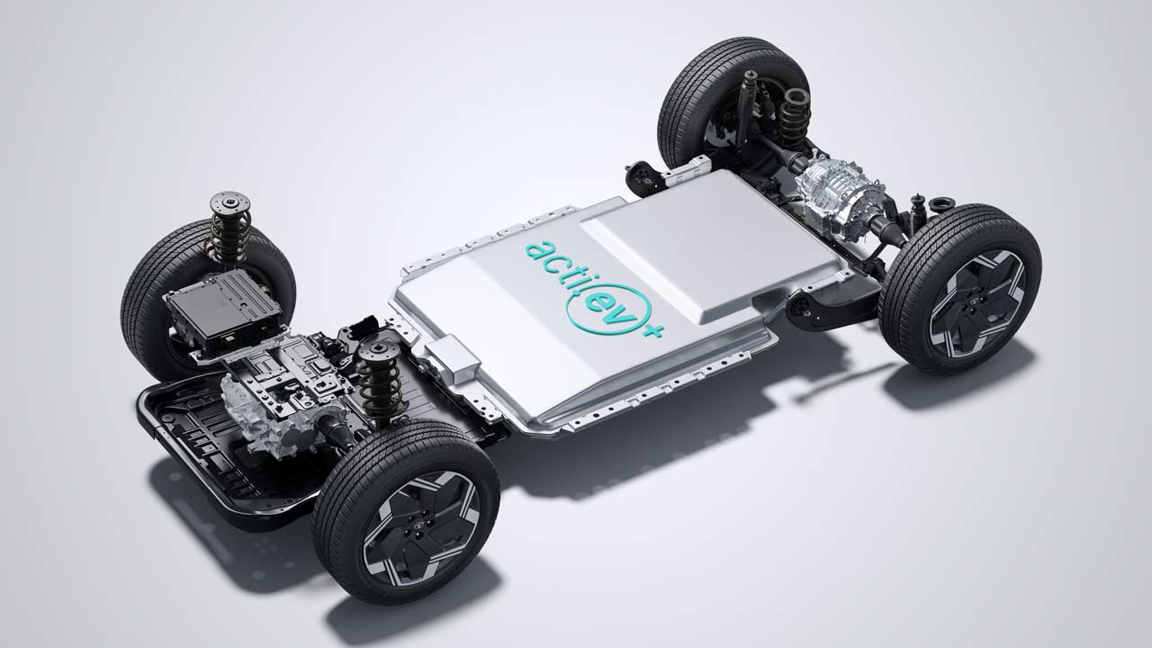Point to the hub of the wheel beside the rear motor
tap(974, 304)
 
